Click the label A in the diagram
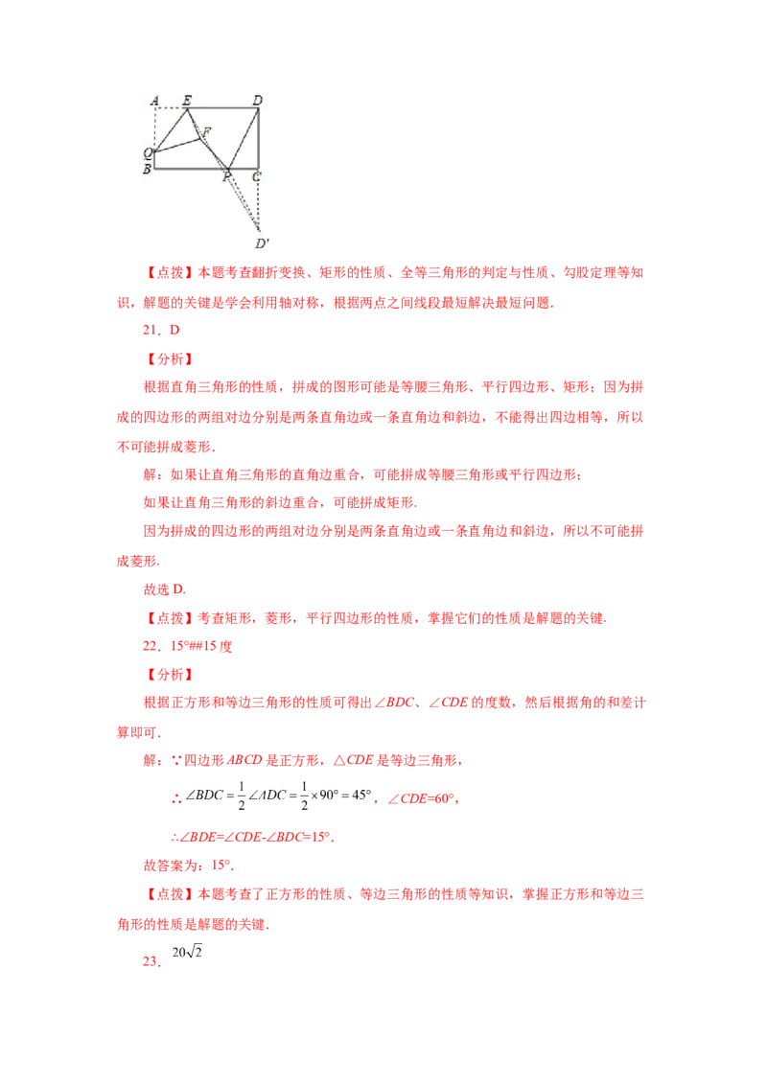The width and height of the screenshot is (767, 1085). pyautogui.click(x=155, y=100)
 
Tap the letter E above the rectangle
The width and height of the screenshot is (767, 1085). pyautogui.click(x=186, y=100)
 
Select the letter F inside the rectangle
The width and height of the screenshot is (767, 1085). pyautogui.click(x=207, y=131)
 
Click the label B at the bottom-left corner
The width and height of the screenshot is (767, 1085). pyautogui.click(x=147, y=170)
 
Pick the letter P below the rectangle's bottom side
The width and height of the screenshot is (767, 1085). pyautogui.click(x=227, y=177)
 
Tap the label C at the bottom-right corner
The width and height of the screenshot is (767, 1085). pyautogui.click(x=256, y=176)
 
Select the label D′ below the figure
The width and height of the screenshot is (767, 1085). pyautogui.click(x=261, y=242)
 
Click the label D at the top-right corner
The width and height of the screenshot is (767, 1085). pyautogui.click(x=257, y=100)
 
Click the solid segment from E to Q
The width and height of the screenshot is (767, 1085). pyautogui.click(x=171, y=129)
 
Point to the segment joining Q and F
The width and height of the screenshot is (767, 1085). pyautogui.click(x=177, y=145)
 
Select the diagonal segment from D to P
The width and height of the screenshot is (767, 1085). pyautogui.click(x=246, y=138)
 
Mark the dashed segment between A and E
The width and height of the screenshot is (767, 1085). pyautogui.click(x=171, y=108)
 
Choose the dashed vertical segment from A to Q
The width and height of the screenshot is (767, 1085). pyautogui.click(x=154, y=128)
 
